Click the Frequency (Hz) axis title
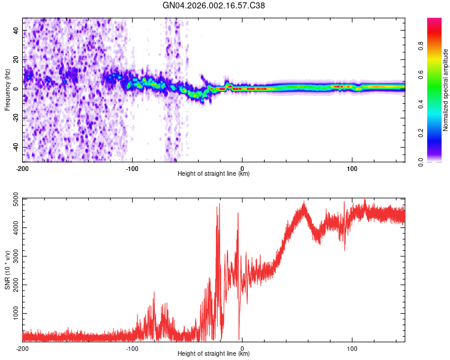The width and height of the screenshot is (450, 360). point(8,90)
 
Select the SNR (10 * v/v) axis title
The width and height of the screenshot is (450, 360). point(8,269)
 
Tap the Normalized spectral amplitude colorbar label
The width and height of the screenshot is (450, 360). point(446,90)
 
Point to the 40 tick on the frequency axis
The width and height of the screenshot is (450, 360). point(17,30)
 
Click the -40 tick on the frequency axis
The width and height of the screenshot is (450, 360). point(16,148)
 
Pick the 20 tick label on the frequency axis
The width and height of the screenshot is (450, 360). point(17,59)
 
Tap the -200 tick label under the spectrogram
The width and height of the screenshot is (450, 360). point(23,168)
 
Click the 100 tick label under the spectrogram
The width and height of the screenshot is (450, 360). point(352,168)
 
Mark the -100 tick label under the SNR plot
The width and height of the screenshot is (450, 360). point(133,348)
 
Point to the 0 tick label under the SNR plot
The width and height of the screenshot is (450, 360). point(242,348)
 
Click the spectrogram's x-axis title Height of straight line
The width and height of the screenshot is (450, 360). point(214,174)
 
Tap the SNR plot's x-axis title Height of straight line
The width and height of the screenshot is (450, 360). point(214,354)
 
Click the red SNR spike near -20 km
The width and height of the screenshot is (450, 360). point(219,207)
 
